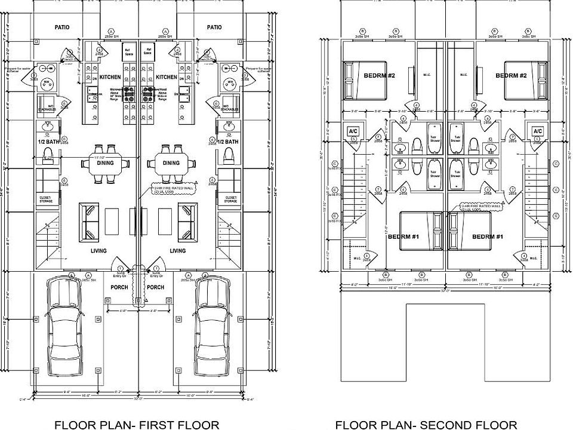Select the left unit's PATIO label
(62, 27)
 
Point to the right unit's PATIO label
(214, 27)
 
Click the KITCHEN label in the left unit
(110, 77)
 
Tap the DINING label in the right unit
(171, 163)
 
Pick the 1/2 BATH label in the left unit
(48, 142)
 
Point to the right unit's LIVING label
(177, 251)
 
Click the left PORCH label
(119, 287)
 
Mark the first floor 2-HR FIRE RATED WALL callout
(173, 188)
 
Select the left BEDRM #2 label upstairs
(379, 76)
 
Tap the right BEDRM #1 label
(488, 236)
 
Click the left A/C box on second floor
(352, 131)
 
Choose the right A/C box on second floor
(537, 131)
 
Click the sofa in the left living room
(90, 219)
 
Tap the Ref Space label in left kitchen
(127, 51)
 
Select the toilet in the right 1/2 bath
(227, 156)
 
